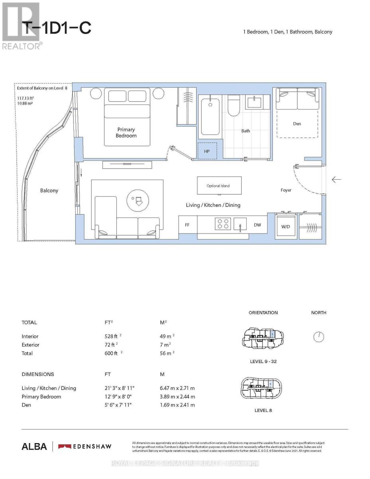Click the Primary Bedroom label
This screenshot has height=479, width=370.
click(126, 133)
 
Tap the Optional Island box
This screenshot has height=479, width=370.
click(218, 186)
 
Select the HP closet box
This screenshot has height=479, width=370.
click(207, 151)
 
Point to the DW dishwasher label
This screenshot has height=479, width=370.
click(257, 225)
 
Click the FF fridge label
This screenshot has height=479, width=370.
click(187, 225)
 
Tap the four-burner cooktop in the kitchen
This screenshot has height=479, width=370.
click(222, 224)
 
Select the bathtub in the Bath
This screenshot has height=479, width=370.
click(210, 117)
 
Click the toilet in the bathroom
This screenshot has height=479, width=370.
click(233, 106)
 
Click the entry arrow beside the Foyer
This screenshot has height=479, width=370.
click(337, 180)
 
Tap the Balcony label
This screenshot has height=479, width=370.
click(49, 190)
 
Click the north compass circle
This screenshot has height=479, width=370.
click(319, 337)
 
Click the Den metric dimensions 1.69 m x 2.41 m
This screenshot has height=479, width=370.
click(177, 405)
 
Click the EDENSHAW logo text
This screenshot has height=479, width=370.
click(85, 446)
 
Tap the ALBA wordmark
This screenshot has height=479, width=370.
click(34, 446)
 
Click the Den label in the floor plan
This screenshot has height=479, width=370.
click(297, 124)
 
